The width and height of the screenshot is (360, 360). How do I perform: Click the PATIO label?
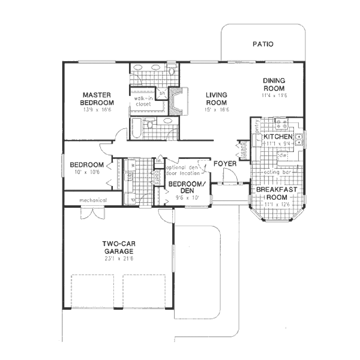(263, 44)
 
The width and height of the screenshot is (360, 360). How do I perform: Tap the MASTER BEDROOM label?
(97, 99)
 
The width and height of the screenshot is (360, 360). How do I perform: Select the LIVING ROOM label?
(216, 99)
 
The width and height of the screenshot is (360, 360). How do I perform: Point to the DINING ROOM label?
(274, 85)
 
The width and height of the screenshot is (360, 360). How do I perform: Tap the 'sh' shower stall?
(162, 94)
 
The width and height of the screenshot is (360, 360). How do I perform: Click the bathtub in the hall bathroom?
(136, 128)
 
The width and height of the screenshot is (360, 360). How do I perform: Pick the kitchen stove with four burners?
(281, 123)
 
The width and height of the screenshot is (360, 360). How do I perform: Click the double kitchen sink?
(300, 139)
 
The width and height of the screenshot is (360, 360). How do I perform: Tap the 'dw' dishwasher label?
(282, 155)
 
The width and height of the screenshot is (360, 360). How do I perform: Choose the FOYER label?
(225, 163)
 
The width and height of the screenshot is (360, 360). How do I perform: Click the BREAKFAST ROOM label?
(276, 193)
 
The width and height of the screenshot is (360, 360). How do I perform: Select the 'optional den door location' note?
(182, 170)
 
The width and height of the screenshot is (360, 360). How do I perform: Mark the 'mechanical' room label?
(93, 200)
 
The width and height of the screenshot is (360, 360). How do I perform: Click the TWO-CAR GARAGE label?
(117, 247)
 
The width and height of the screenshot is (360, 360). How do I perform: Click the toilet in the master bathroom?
(172, 71)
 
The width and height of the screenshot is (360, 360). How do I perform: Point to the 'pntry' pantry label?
(257, 124)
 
